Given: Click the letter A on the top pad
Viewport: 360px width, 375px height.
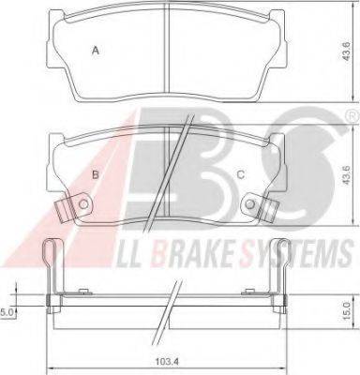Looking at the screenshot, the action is (x=96, y=51).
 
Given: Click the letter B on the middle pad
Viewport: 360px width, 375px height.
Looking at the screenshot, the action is (x=96, y=174).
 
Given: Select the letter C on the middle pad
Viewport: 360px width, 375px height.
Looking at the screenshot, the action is (x=241, y=174).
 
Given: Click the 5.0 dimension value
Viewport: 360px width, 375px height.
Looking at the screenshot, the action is (x=7, y=311).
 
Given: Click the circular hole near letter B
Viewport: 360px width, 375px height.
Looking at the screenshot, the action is (x=83, y=204).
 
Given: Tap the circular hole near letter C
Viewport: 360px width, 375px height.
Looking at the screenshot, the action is (x=249, y=204).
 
